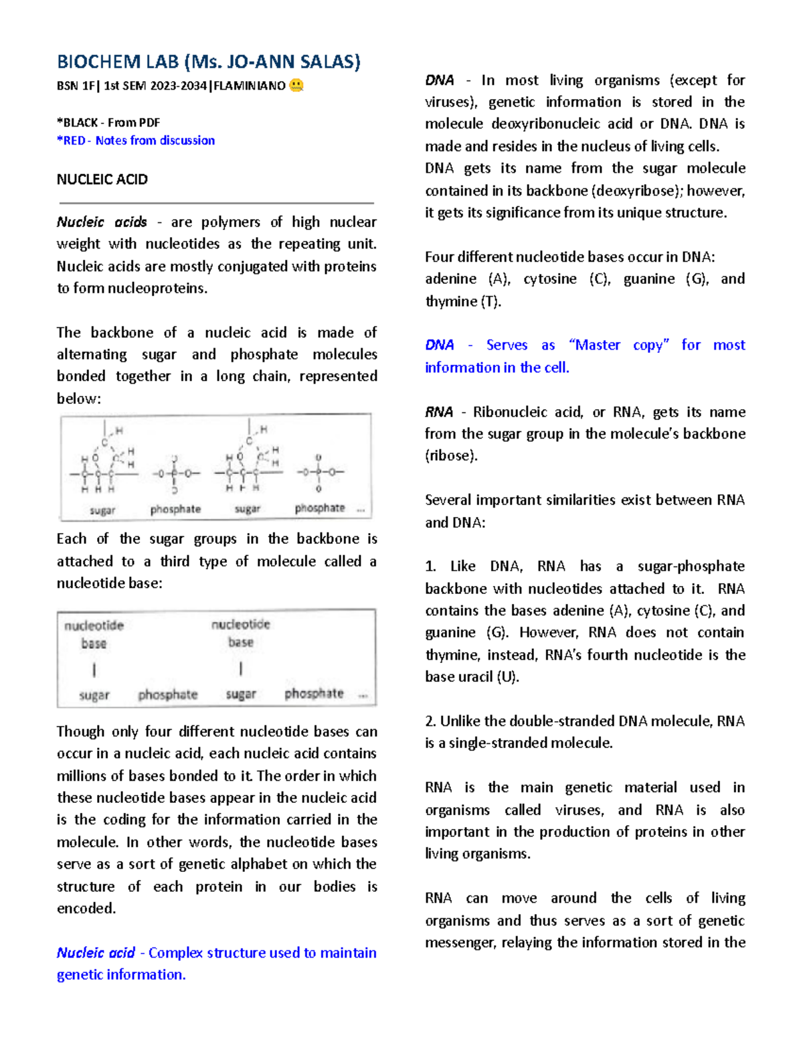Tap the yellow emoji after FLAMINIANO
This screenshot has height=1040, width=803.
point(296,86)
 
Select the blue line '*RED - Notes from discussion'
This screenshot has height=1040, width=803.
point(136,141)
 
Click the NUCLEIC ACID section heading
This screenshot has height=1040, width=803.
point(102,179)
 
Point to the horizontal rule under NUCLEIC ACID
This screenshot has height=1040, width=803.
point(215,202)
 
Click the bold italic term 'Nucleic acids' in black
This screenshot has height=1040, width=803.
point(101,222)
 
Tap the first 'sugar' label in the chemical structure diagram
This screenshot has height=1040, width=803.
point(102,510)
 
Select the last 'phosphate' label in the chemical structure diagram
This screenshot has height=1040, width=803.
point(319,508)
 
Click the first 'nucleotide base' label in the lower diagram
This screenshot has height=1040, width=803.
point(94,634)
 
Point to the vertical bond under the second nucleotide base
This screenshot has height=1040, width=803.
point(240,668)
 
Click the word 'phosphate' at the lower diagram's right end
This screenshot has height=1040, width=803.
point(314,694)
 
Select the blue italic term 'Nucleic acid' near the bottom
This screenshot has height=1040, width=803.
point(96,953)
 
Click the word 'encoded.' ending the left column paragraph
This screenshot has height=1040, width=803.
point(86,909)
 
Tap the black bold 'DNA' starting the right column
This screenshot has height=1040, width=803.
point(439,80)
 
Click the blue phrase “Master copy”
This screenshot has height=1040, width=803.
point(619,346)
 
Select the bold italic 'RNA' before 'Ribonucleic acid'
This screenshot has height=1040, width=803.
point(439,413)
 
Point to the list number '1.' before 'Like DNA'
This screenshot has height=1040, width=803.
point(430,567)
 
